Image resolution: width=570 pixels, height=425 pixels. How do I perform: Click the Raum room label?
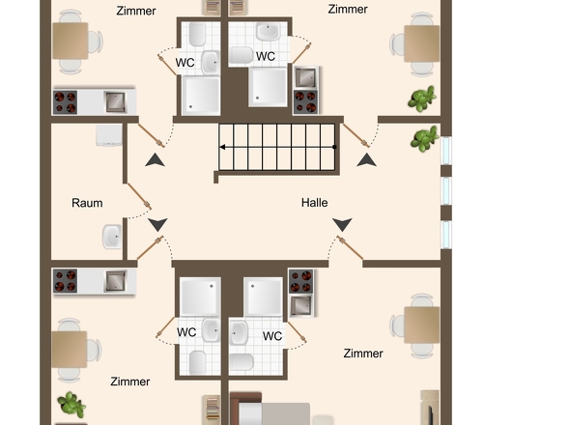[87, 203]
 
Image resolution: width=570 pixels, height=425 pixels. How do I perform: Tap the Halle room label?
[314, 203]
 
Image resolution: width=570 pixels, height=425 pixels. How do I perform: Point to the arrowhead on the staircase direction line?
[223, 148]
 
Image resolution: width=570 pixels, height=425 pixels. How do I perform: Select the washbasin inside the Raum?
[112, 236]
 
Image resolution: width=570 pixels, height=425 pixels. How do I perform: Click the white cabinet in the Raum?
[108, 135]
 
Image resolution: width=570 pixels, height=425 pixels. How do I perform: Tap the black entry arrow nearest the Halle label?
[342, 225]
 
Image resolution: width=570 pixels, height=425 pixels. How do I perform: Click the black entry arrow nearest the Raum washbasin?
[157, 225]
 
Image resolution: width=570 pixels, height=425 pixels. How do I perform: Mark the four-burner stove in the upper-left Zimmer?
[66, 100]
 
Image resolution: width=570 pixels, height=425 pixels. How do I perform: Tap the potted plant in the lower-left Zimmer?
[69, 404]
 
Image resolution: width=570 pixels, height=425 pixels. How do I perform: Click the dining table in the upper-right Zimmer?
[421, 42]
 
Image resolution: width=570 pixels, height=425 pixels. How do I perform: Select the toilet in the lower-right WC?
[242, 362]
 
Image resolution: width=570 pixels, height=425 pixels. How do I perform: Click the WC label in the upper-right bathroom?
[266, 56]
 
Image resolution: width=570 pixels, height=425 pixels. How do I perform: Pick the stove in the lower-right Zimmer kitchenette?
[300, 281]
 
